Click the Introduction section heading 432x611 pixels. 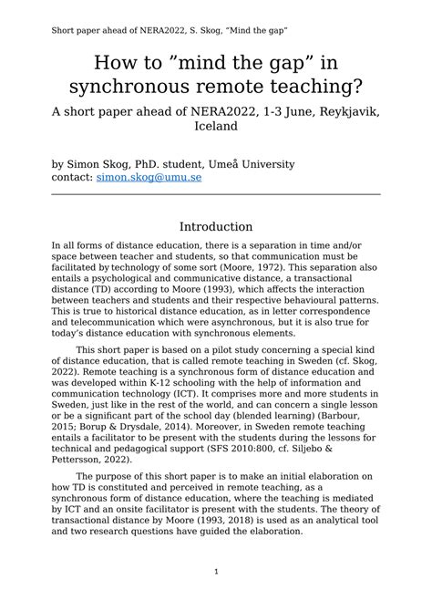[216, 226]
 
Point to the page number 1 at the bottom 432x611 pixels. [216, 572]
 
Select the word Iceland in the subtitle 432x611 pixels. [216, 127]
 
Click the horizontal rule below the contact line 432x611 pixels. [216, 193]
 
